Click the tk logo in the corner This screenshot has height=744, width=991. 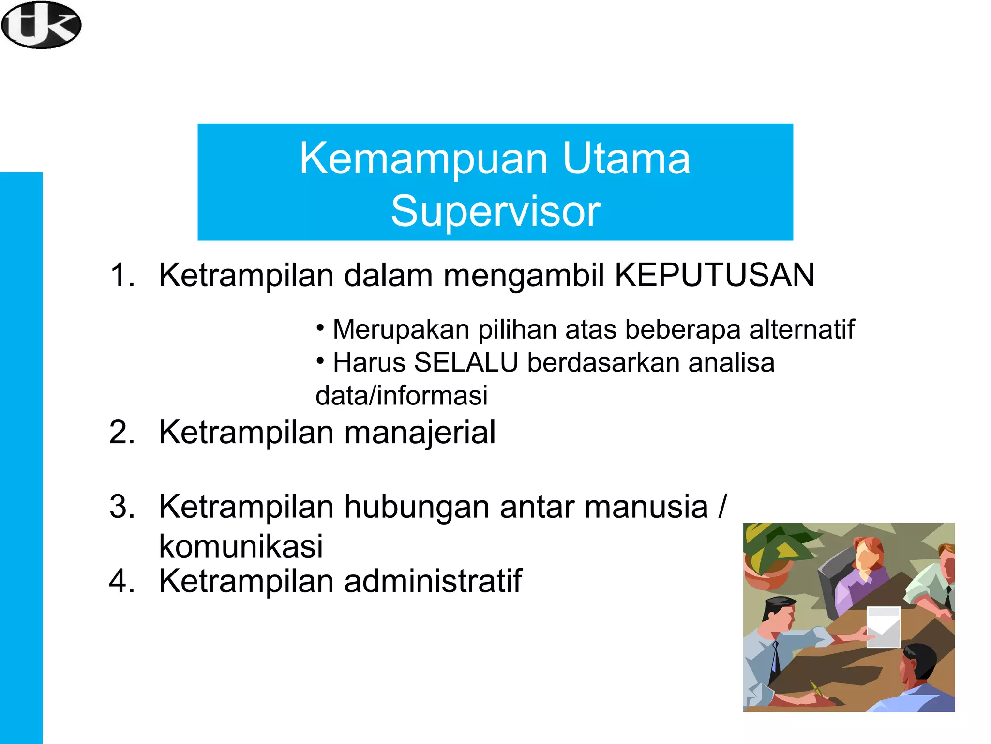click(41, 25)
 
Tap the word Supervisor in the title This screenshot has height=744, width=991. click(495, 211)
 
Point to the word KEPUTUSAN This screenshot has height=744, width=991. click(714, 275)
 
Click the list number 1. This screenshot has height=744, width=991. click(121, 275)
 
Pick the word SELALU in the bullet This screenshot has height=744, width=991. click(466, 362)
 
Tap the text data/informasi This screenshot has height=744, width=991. click(401, 395)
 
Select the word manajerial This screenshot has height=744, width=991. click(420, 432)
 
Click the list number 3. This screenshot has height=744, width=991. click(121, 507)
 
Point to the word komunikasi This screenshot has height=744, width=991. click(240, 546)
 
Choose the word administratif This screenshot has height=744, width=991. click(433, 580)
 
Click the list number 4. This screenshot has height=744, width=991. click(121, 580)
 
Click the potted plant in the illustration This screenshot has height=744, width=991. click(769, 557)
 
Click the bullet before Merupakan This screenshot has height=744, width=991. click(320, 328)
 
